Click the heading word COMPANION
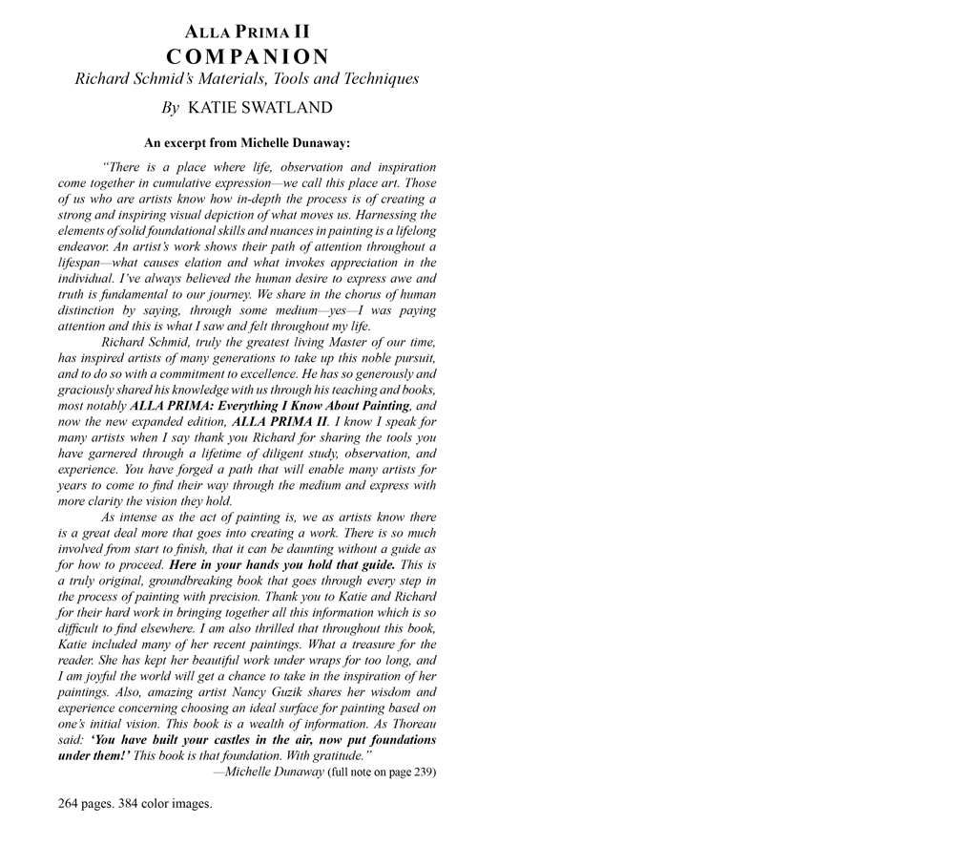(247, 56)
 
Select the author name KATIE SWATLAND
(259, 108)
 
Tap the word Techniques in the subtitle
(378, 79)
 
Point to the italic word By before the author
(170, 108)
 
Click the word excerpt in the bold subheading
(183, 143)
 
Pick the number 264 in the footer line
(69, 803)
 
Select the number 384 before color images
(130, 803)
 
